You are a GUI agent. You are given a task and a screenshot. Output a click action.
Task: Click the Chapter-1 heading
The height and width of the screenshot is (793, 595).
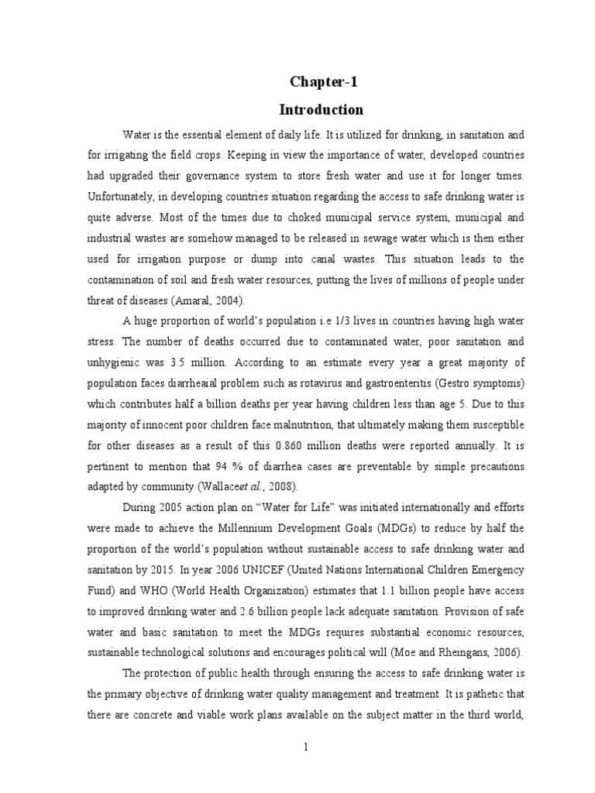coord(325,82)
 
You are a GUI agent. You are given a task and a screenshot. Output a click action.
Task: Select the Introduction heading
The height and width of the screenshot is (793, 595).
coord(325,109)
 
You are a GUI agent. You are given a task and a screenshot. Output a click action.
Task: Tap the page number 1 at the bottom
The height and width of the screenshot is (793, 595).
coord(306,747)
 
